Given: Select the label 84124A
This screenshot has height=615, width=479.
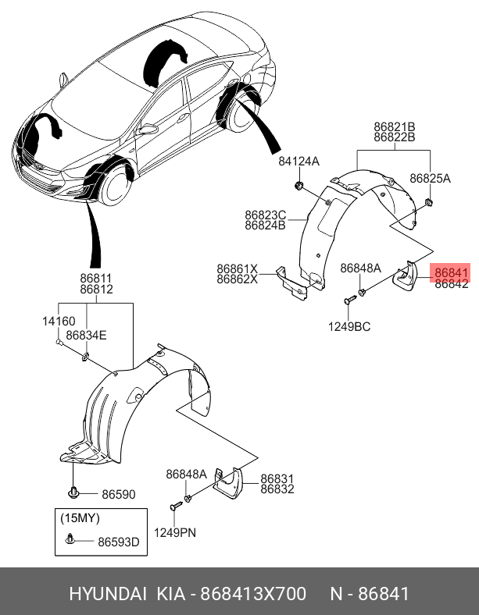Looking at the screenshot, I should point(299,162).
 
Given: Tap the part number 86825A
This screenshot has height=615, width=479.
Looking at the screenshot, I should point(431,178).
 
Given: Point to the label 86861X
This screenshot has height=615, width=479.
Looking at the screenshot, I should point(237,268).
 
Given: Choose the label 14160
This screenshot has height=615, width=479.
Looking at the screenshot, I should point(59,321).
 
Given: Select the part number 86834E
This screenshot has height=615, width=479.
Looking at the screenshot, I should point(86,335).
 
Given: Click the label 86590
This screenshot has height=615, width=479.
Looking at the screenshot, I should point(117,494).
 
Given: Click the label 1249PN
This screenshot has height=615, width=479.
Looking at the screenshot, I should point(174,532).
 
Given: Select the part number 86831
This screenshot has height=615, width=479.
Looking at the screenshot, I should point(277,478).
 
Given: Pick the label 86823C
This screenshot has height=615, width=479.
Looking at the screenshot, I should point(265,215).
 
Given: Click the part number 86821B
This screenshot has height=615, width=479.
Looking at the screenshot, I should point(394,126).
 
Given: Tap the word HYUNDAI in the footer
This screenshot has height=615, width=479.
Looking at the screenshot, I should point(108,594).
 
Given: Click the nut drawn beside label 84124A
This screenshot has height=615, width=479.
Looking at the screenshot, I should point(300,186).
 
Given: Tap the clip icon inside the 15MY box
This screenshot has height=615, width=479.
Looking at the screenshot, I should point(72,539).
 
